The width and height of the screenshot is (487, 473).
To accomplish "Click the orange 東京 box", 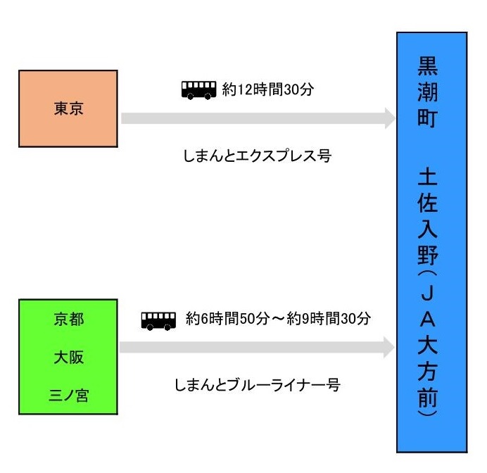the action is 68,108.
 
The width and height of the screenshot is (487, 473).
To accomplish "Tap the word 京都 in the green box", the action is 69,320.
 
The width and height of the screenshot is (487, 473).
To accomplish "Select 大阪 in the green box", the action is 69,357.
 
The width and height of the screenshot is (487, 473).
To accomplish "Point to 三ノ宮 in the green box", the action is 69,396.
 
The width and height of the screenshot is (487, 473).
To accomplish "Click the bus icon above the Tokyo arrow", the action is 198,90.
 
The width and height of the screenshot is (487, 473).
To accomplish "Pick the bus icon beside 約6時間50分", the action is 158,321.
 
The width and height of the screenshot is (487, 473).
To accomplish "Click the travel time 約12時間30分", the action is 267,89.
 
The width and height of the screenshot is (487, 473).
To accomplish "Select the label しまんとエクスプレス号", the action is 257,156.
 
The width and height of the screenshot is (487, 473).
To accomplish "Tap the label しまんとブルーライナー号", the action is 258,385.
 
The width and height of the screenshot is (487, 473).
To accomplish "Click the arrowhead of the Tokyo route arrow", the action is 390,118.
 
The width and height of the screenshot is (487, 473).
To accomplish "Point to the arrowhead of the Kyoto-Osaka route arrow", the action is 389,347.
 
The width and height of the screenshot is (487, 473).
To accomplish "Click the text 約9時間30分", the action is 329,318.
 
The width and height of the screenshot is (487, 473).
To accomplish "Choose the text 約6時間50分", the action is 227,318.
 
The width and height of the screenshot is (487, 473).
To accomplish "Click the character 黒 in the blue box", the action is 428,66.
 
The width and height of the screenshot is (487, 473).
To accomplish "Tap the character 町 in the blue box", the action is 428,118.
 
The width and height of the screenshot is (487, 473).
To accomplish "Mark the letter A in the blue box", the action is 428,319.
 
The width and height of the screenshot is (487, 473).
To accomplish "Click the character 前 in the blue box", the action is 428,397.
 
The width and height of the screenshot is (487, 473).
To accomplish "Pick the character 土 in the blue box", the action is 428,176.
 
